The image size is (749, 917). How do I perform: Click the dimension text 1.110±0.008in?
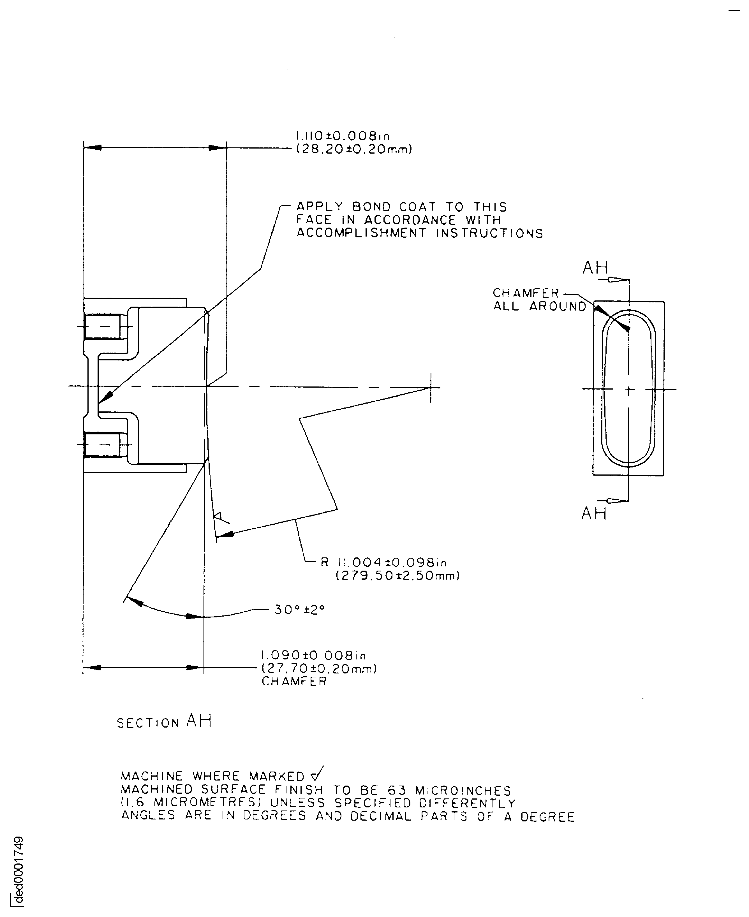[x=343, y=136]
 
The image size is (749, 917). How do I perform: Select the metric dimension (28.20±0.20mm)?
[x=354, y=150]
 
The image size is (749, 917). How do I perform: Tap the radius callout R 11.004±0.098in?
[x=383, y=562]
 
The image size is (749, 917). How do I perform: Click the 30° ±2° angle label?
[x=299, y=610]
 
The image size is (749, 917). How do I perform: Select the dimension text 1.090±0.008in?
[x=314, y=656]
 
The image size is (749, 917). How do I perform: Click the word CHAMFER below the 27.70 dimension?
[x=294, y=682]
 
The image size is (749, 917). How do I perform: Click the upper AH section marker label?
[x=595, y=268]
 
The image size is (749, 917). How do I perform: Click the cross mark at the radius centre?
[x=431, y=387]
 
